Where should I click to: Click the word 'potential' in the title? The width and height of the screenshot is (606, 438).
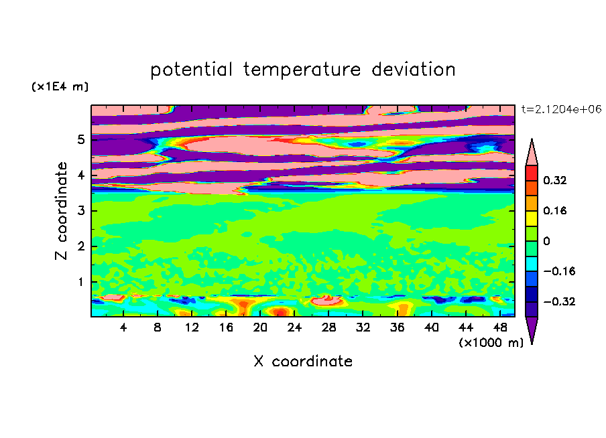click(x=191, y=70)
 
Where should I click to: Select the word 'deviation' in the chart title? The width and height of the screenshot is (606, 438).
click(x=414, y=70)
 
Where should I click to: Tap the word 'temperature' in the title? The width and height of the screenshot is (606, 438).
click(x=302, y=70)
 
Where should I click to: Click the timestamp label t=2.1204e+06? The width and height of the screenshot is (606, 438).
click(x=561, y=109)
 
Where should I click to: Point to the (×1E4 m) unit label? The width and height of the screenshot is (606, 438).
click(x=60, y=86)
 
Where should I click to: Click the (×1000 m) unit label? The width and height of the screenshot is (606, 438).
click(x=491, y=343)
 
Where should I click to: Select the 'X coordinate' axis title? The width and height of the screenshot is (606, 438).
click(x=303, y=361)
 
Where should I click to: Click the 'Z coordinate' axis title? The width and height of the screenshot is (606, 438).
click(x=62, y=211)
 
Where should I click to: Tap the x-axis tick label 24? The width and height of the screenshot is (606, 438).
click(x=294, y=327)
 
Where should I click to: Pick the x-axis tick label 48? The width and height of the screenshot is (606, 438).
click(x=500, y=327)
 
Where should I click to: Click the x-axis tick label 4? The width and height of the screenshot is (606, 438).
click(x=123, y=327)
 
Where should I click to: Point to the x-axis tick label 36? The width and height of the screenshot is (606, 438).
click(x=398, y=327)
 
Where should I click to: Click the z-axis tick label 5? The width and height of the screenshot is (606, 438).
click(x=80, y=139)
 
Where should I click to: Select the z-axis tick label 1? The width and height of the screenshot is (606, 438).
click(x=80, y=282)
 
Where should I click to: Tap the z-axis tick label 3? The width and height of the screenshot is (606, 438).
click(x=80, y=211)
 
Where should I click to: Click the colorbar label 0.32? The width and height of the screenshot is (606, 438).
click(x=555, y=180)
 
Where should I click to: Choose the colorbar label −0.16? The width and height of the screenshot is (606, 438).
click(x=559, y=271)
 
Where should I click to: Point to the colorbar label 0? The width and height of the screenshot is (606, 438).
click(x=546, y=241)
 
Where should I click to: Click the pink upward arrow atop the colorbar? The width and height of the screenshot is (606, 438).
click(x=532, y=152)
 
